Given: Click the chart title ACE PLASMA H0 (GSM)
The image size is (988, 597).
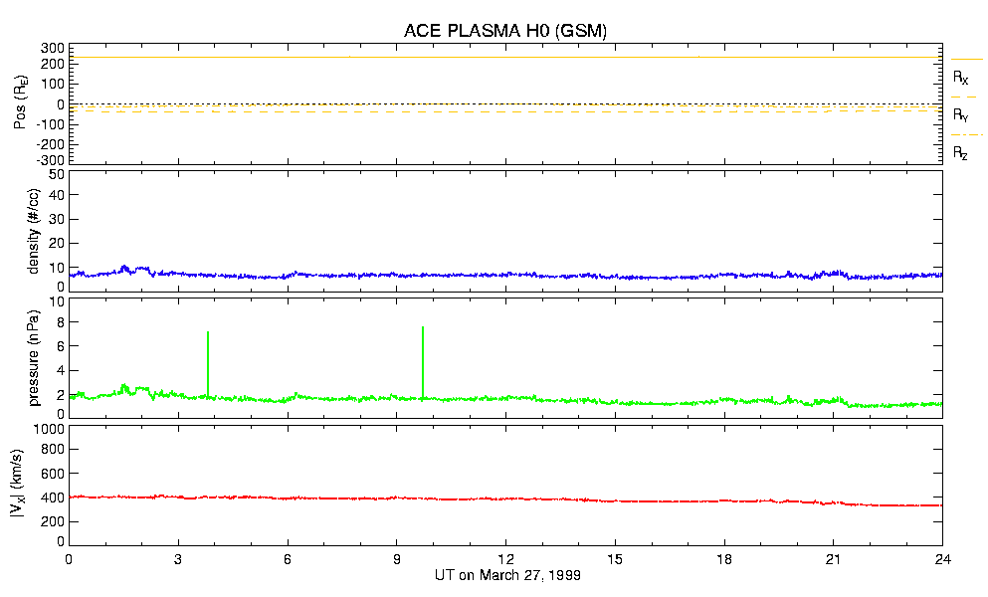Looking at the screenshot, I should [505, 31].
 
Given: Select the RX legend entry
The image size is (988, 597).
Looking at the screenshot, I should [961, 77].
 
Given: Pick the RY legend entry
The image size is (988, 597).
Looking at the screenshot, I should [961, 115].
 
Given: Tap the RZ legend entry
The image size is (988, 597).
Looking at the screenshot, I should [961, 153].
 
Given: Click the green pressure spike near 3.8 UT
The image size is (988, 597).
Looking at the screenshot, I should [207, 363].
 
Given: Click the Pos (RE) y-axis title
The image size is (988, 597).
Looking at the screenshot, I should [18, 103].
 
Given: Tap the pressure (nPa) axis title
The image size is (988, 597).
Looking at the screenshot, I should [32, 356].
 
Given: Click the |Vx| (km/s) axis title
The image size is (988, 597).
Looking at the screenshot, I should [18, 485].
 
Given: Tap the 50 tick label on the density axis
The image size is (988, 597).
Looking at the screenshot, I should [57, 174].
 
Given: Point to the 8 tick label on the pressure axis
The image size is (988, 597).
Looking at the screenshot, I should [60, 322].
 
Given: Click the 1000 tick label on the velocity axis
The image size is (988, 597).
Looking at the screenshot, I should [49, 430].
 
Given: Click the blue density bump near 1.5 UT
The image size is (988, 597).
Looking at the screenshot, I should [124, 268].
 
